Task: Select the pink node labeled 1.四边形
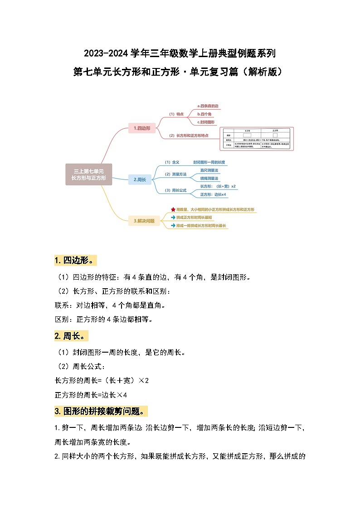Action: [x=142, y=128]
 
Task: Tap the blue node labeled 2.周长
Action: [x=140, y=179]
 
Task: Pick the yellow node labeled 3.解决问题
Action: [x=144, y=221]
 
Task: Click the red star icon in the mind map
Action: [x=173, y=210]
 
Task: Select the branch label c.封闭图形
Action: [x=206, y=122]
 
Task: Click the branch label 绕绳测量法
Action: [x=209, y=178]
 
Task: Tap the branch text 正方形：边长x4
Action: [x=213, y=194]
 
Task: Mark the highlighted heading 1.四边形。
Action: [x=75, y=261]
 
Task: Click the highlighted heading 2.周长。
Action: [x=71, y=336]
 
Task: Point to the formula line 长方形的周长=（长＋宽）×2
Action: [x=102, y=380]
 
